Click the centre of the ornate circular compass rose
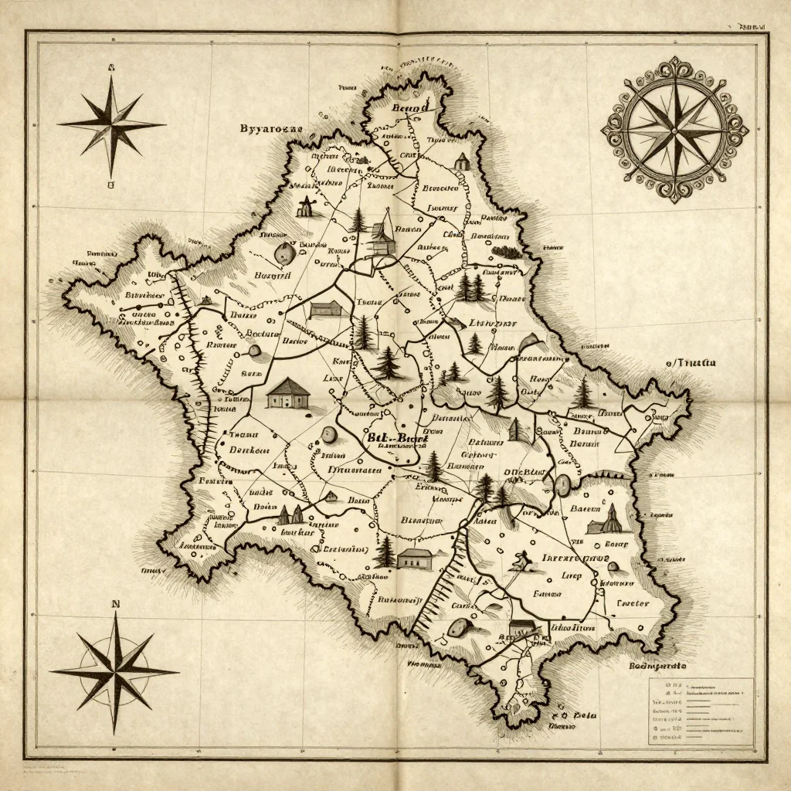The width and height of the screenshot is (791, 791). pyautogui.click(x=674, y=128)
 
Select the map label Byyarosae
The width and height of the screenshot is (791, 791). pyautogui.click(x=270, y=128)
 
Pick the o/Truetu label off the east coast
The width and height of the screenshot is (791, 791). pyautogui.click(x=691, y=362)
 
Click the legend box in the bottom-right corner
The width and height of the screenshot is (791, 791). pyautogui.click(x=700, y=711)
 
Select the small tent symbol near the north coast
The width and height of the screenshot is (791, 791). pyautogui.click(x=461, y=161)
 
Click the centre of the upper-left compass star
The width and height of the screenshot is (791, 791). pyautogui.click(x=111, y=125)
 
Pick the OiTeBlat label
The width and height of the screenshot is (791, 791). pyautogui.click(x=525, y=472)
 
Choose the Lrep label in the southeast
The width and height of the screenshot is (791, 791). pyautogui.click(x=572, y=575)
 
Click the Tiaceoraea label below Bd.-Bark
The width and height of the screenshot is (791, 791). pyautogui.click(x=355, y=469)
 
